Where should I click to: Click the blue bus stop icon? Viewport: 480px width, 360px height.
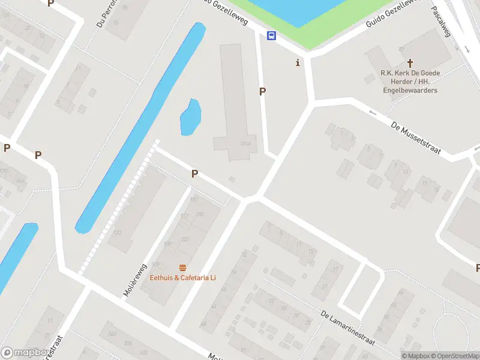pos(272,36)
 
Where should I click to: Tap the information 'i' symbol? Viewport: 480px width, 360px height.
pos(298,63)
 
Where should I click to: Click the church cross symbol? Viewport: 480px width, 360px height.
pos(410,62)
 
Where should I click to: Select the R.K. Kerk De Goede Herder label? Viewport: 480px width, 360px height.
pos(410,82)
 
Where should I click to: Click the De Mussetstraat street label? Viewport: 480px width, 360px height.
pos(415,138)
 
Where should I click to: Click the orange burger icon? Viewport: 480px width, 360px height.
pos(182,268)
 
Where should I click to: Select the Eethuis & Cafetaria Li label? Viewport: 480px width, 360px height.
pos(182,278)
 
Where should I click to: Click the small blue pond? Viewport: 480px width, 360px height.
pos(190,118)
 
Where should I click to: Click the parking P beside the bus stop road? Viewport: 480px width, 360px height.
pos(262,91)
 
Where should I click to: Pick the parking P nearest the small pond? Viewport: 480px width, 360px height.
pos(194,173)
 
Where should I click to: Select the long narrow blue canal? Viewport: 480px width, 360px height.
pos(138,129)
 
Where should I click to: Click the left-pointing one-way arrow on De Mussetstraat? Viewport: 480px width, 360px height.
pos(373,112)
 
